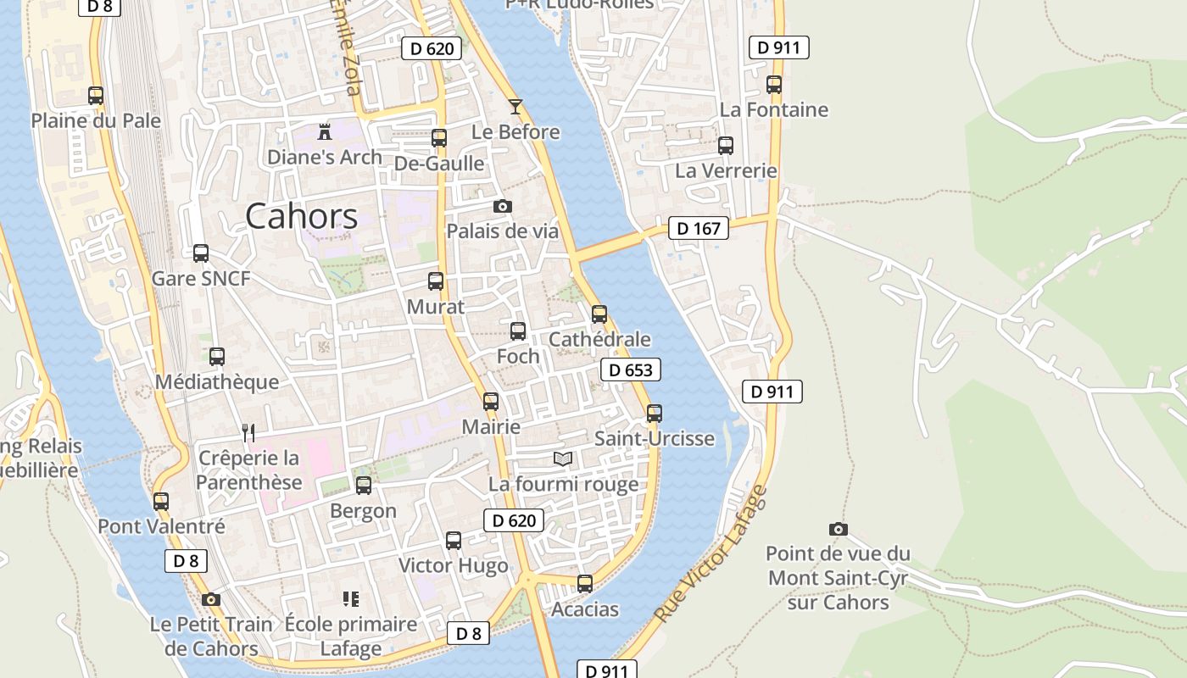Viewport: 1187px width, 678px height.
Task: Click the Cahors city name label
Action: (x=301, y=217)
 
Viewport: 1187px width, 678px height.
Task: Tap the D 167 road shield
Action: (x=699, y=228)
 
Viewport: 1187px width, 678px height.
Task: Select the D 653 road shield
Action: (x=630, y=370)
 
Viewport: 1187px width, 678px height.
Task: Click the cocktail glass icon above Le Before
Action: (x=515, y=107)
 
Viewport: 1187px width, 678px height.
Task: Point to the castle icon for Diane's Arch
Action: (x=324, y=131)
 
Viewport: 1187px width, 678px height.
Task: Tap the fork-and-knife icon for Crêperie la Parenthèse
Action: (x=248, y=433)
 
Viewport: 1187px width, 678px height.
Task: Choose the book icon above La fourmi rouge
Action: (x=563, y=458)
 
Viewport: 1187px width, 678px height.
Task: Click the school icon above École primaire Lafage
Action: (x=351, y=599)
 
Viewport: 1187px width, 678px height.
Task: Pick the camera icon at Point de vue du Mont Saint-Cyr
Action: (x=838, y=529)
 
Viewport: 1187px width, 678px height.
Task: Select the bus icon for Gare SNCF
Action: (x=201, y=253)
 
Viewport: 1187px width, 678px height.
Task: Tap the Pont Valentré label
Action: (x=161, y=526)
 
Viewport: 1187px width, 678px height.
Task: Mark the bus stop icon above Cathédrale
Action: (x=599, y=314)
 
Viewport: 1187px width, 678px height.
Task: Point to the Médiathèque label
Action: (x=216, y=382)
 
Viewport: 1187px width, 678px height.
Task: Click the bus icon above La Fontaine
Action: (x=773, y=84)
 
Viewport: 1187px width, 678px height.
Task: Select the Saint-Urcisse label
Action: (x=655, y=439)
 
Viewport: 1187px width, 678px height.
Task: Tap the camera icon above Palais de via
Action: (x=503, y=206)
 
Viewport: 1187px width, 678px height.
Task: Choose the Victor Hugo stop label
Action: (x=454, y=565)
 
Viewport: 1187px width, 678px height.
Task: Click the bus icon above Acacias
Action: (x=585, y=583)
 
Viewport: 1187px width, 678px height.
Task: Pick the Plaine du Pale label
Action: (x=96, y=120)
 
